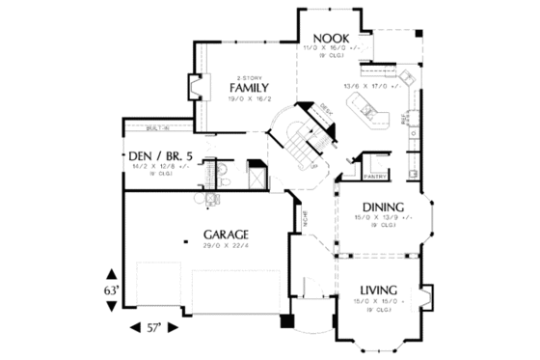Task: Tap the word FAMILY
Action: tap(250, 89)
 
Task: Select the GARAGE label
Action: tap(227, 234)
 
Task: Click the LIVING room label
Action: tap(381, 291)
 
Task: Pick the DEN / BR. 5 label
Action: tap(162, 155)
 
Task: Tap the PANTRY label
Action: tap(375, 177)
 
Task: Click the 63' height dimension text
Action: tap(112, 290)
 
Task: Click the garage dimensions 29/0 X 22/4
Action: tap(227, 246)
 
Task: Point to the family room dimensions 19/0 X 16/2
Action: tap(250, 99)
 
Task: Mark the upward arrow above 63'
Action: tap(112, 273)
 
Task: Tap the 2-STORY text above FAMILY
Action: tap(249, 77)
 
